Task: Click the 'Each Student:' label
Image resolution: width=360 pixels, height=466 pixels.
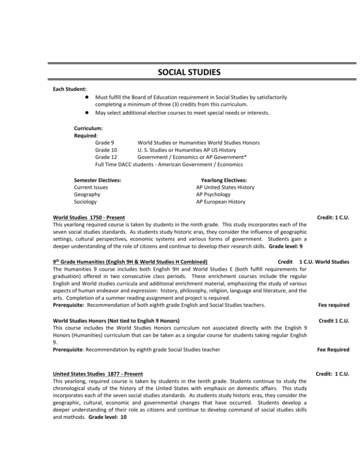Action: click(x=70, y=88)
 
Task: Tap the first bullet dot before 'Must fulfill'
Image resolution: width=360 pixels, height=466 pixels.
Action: click(x=88, y=97)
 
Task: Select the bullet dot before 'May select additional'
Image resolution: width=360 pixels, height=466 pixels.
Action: click(x=88, y=113)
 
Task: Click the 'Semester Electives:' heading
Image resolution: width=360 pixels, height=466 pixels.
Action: click(x=98, y=180)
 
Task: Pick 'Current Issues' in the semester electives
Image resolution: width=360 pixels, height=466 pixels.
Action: click(x=91, y=187)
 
